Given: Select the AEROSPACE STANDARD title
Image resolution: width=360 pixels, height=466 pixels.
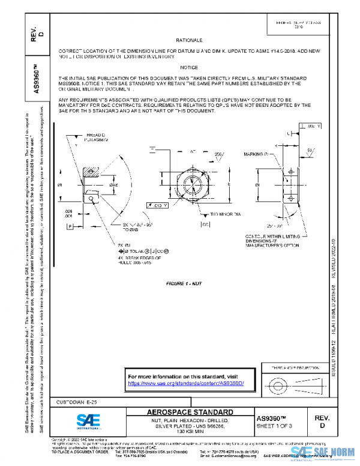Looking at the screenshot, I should pos(190,412).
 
